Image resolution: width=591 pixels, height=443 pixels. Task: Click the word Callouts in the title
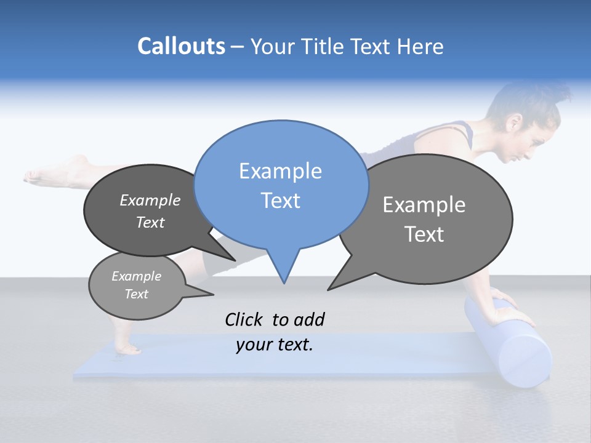pyautogui.click(x=181, y=46)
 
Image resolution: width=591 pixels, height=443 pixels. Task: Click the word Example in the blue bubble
pyautogui.click(x=280, y=171)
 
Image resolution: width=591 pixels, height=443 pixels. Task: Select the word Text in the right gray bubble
pyautogui.click(x=424, y=234)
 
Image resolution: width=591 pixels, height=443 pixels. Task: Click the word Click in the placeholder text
pyautogui.click(x=244, y=319)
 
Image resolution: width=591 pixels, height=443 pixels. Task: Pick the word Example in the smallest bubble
pyautogui.click(x=137, y=276)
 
